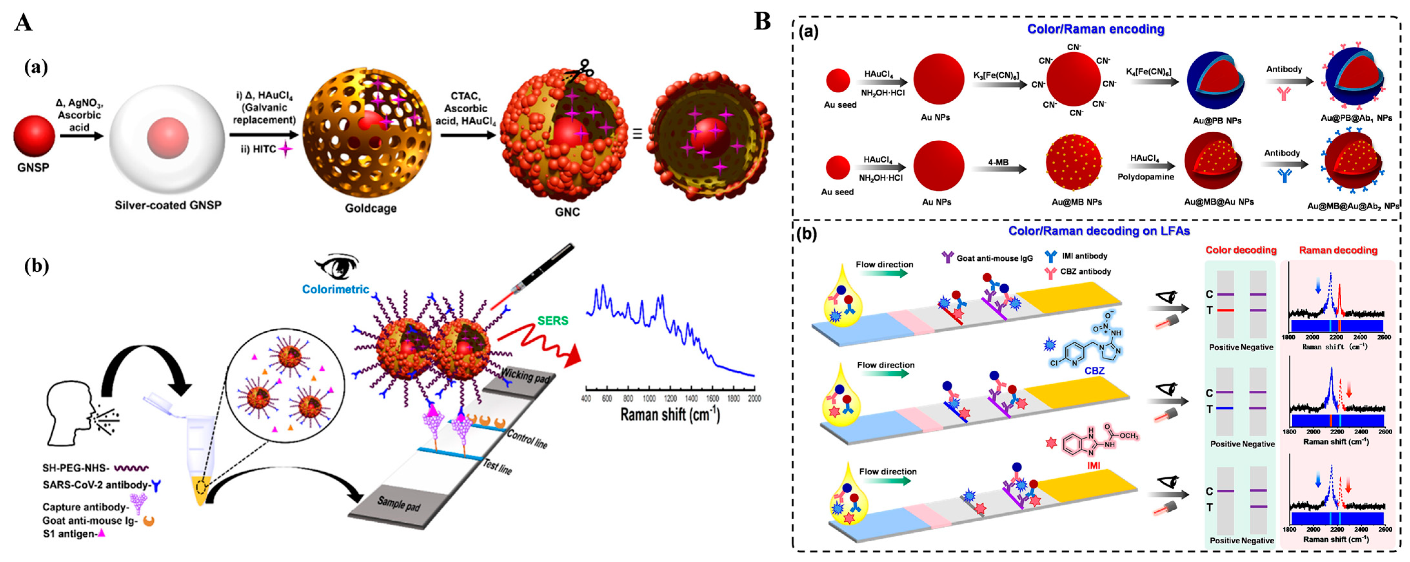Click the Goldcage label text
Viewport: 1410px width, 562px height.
pos(370,208)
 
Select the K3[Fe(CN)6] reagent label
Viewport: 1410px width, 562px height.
pos(996,75)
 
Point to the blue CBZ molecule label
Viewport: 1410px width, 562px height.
pos(1094,371)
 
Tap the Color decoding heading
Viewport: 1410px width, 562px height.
pos(1240,250)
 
